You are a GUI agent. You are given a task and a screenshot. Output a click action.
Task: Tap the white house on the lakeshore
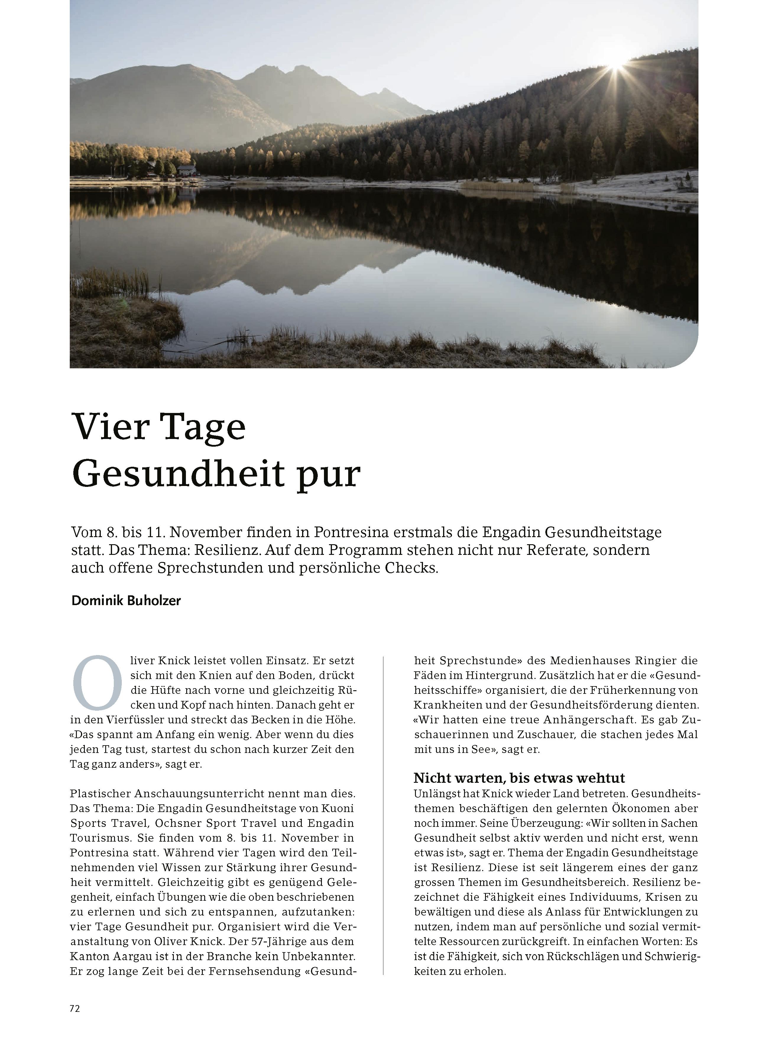[x=187, y=170]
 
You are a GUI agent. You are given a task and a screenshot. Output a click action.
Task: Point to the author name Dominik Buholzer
[x=126, y=601]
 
